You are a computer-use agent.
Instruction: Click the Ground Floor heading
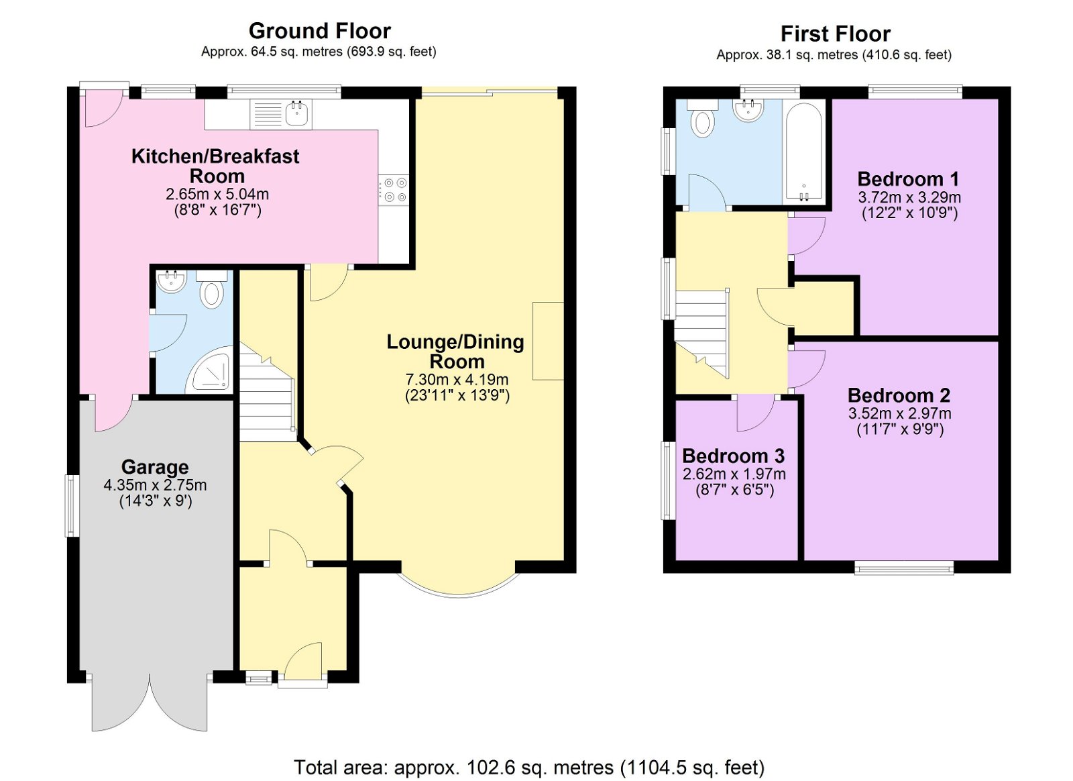click(x=319, y=32)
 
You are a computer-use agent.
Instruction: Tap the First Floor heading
click(x=836, y=34)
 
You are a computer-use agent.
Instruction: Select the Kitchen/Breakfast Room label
click(x=215, y=166)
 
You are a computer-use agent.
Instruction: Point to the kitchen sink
click(x=281, y=114)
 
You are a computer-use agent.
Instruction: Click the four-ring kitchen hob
click(x=394, y=190)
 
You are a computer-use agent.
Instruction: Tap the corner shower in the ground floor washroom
click(x=213, y=370)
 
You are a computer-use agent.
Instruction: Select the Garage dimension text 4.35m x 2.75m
click(x=155, y=485)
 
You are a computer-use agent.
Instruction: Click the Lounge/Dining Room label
click(x=455, y=352)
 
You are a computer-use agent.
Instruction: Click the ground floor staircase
click(x=267, y=391)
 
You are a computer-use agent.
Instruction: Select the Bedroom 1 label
click(x=908, y=179)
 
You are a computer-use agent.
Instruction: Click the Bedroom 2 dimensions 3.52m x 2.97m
click(x=899, y=413)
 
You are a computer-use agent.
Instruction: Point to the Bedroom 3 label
click(x=734, y=456)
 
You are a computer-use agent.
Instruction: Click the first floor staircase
click(x=702, y=334)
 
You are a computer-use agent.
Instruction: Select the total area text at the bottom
click(x=529, y=767)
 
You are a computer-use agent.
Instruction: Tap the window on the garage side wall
click(x=73, y=505)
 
